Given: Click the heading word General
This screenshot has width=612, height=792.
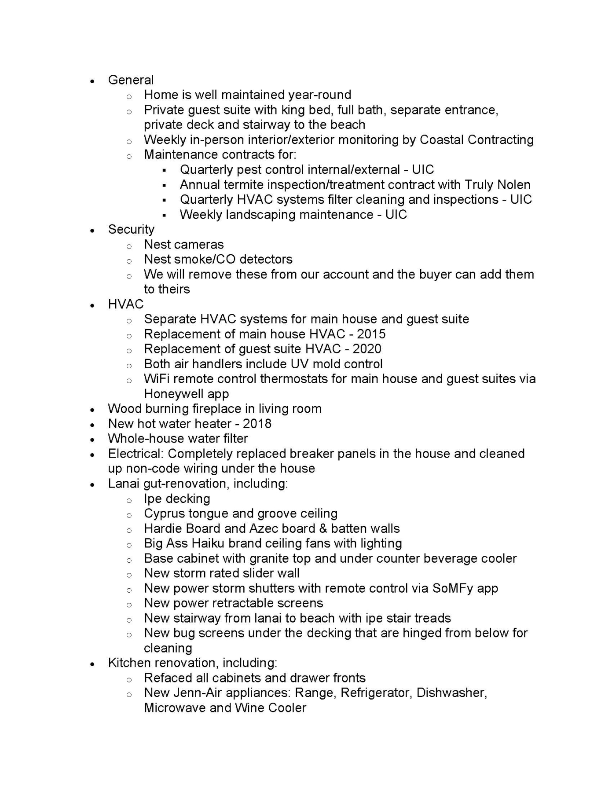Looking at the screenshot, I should point(131,80).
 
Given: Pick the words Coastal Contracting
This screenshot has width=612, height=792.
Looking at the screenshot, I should point(476,140).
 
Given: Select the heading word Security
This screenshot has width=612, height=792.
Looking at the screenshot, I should point(131,230).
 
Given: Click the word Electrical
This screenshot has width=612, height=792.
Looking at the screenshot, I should point(135,454).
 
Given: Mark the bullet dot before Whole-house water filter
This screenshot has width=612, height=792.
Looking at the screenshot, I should point(92,440).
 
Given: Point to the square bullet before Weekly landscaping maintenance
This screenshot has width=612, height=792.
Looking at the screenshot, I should point(164,216).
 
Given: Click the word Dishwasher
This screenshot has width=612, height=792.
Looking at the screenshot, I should point(451,693).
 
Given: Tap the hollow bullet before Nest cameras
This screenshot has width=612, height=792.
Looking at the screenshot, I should point(129,246).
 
